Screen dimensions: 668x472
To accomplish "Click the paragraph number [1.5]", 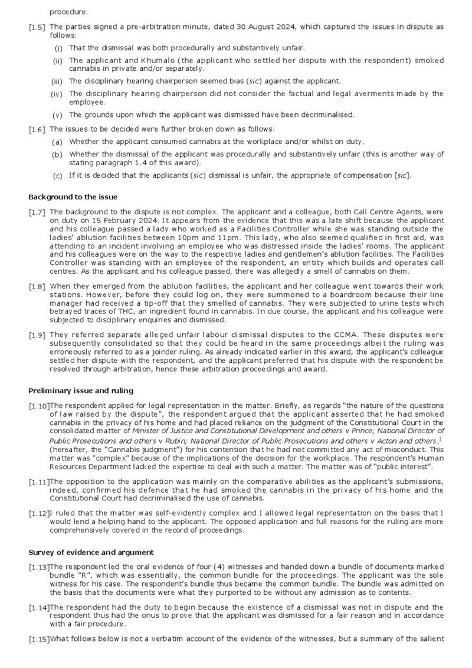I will tap(38, 27).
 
